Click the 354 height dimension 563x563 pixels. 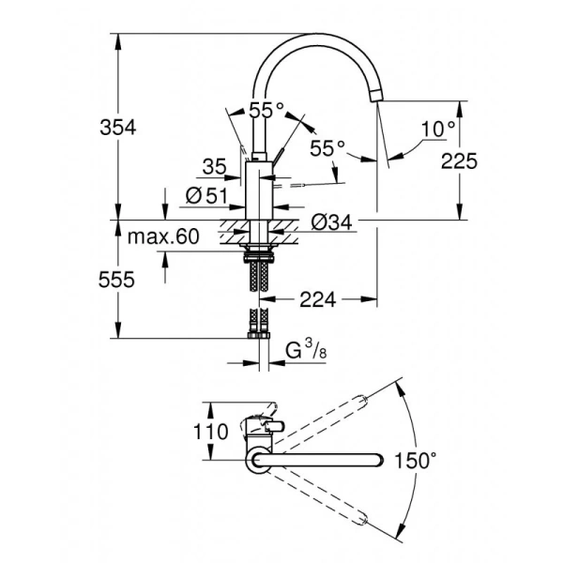[117, 128]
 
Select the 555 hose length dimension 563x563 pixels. [117, 279]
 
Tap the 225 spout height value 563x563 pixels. [459, 160]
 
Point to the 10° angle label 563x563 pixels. [437, 128]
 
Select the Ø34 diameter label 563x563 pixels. [329, 221]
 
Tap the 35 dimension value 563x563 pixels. [214, 168]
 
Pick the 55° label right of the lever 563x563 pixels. [327, 147]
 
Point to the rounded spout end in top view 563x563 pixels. [376, 460]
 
